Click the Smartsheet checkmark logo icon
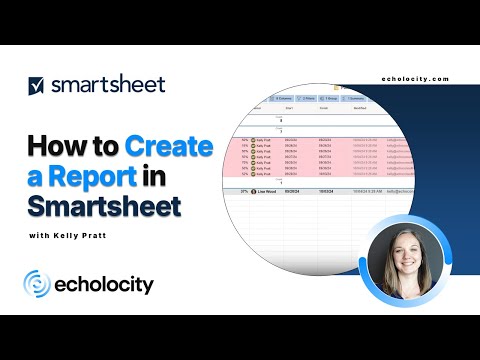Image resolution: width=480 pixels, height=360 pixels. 36,85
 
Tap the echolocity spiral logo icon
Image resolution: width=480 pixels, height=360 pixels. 38,285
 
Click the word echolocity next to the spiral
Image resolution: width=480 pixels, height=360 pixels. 104,285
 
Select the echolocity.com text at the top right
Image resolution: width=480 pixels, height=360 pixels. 416,79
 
